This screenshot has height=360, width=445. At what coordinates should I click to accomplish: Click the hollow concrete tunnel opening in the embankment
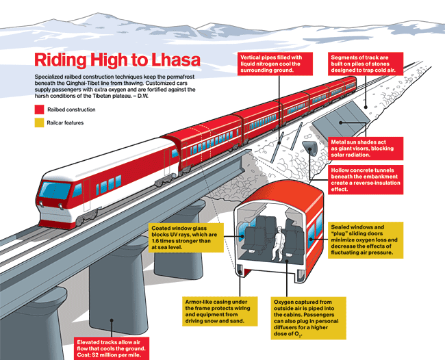coord(311,149)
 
